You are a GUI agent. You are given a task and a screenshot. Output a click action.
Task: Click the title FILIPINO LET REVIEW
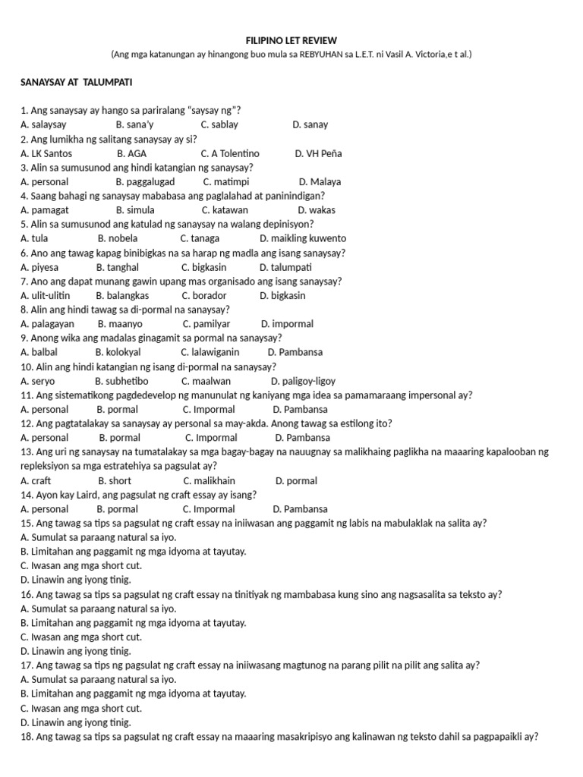(291, 39)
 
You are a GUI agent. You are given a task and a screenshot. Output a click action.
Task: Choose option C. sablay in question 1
(219, 124)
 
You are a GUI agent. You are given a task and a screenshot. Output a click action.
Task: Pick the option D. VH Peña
(318, 153)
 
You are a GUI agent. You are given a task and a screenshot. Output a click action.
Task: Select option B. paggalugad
(145, 182)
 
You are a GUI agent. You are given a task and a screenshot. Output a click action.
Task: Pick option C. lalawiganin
(210, 352)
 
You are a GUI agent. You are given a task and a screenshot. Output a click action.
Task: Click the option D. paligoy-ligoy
(302, 381)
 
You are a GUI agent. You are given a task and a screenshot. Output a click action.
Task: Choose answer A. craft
(36, 480)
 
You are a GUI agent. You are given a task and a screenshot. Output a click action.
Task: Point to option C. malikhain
(209, 480)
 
